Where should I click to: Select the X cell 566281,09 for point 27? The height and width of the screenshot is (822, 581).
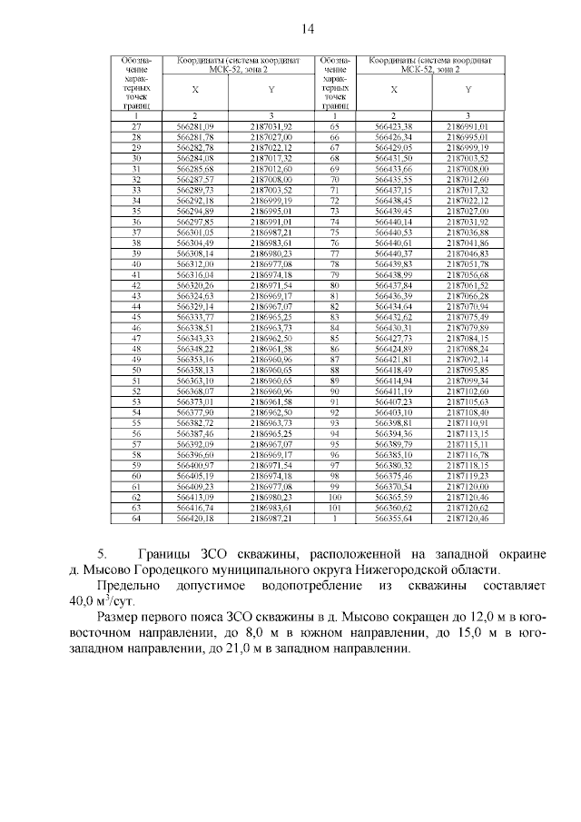click(x=195, y=126)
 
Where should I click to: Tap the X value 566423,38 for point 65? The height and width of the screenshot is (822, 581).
click(x=394, y=126)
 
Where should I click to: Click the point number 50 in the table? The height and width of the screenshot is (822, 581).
click(x=136, y=371)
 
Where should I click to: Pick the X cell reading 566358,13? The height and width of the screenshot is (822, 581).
click(x=195, y=371)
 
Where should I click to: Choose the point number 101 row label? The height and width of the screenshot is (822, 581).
click(x=334, y=509)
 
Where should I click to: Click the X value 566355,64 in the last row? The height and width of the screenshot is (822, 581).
click(x=394, y=520)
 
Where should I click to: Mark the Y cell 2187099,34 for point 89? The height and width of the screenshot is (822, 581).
click(x=468, y=381)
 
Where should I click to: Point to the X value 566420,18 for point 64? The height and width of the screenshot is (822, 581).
click(x=195, y=520)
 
